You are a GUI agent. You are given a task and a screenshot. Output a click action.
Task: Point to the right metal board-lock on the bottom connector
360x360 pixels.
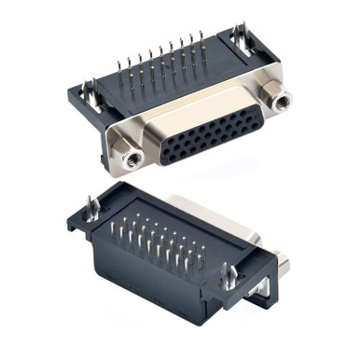click(x=226, y=277)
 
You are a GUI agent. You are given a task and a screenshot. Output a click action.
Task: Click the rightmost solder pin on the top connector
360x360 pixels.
click(x=201, y=48)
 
